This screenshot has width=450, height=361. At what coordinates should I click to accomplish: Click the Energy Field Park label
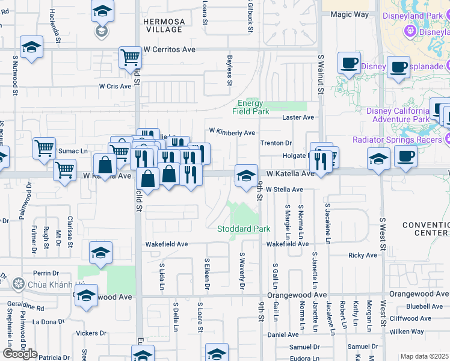pos(252,107)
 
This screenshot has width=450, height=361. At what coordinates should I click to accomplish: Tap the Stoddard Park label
pos(244,229)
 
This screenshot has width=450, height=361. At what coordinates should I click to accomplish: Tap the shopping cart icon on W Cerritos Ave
pos(130,58)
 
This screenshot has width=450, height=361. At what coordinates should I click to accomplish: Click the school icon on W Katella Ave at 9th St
pos(245,176)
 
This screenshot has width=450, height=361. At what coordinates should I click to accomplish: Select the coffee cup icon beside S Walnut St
pos(349,63)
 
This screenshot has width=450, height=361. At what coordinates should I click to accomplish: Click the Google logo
pos(20,354)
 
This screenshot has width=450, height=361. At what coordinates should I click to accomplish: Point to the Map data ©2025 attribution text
pos(424,356)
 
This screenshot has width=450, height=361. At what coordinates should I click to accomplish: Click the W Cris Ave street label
pos(116,87)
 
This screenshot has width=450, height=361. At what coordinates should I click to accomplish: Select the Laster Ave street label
pos(299,117)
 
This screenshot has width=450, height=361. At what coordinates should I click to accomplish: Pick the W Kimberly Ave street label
pos(232,132)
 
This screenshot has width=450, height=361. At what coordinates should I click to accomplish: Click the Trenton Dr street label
pos(276,143)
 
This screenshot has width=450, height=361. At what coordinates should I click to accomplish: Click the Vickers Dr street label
pos(91,333)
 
